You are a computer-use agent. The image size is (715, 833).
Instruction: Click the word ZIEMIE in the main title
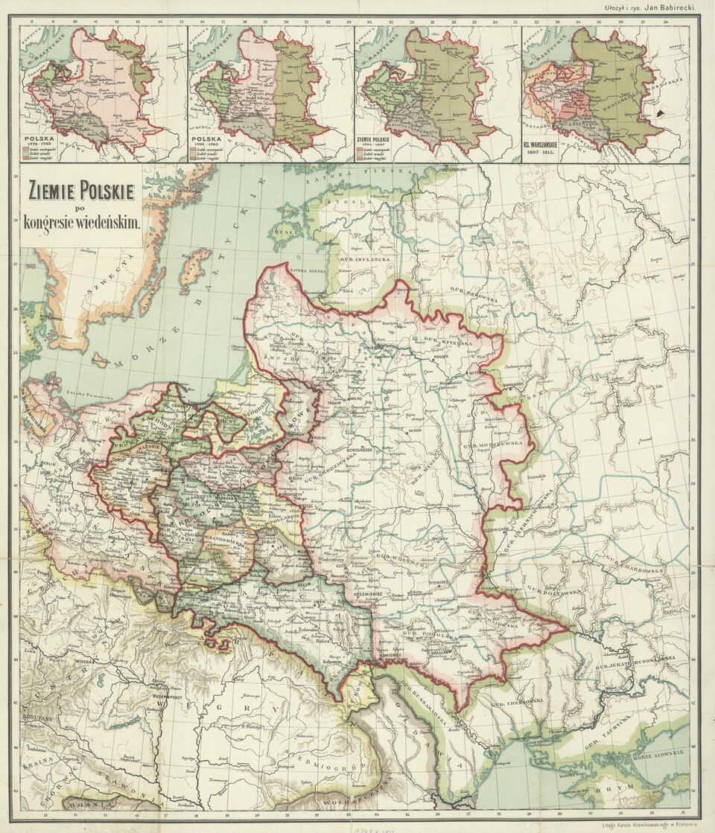tap(54, 193)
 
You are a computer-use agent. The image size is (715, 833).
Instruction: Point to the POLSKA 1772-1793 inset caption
tap(42, 141)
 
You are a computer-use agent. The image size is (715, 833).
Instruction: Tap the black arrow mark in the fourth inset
tap(662, 112)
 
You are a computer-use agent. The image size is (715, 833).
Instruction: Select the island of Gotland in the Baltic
tap(195, 269)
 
